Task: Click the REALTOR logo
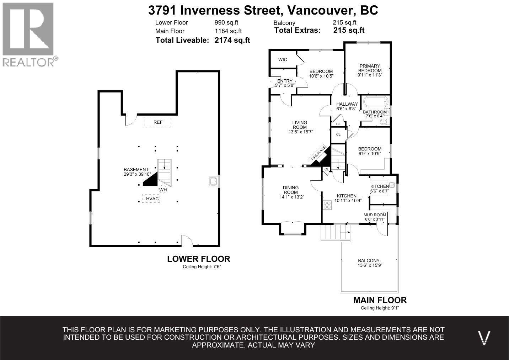click(28, 35)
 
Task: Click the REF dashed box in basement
click(157, 122)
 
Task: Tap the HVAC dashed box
click(151, 198)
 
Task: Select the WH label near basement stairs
click(163, 190)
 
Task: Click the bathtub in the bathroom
click(374, 102)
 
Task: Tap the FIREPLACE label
click(318, 154)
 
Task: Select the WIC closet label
click(283, 60)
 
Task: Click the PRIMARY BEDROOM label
click(370, 68)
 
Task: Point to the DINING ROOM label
click(290, 190)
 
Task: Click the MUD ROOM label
click(375, 215)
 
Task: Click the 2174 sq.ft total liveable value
click(232, 40)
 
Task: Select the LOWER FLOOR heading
click(198, 259)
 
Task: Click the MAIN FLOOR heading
click(380, 300)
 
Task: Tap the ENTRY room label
click(285, 81)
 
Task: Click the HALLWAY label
click(347, 104)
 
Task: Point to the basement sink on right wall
click(213, 182)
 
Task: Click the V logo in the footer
click(484, 337)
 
